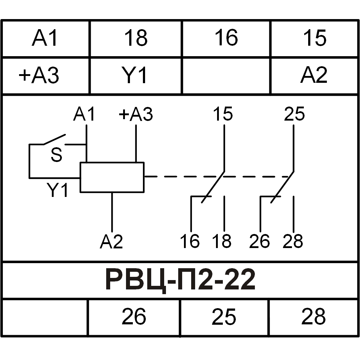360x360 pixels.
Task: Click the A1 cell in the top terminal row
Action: pos(45,38)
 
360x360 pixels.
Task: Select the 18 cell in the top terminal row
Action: pos(136,38)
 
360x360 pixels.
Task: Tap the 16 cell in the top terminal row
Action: pos(226,38)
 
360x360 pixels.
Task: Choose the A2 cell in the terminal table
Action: pos(314,76)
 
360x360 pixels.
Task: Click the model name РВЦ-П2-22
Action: pos(180,280)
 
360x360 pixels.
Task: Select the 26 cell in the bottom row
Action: pos(134,317)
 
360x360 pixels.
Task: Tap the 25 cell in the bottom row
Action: pos(224,317)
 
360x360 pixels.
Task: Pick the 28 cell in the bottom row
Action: pos(313,317)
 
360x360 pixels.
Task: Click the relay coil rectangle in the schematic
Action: pos(112,177)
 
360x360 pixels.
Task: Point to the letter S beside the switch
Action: pos(57,156)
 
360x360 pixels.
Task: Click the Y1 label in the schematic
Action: pos(58,190)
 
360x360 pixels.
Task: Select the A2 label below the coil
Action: pos(112,242)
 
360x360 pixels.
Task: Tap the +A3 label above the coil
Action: pos(136,114)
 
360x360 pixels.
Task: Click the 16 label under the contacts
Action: pos(190,241)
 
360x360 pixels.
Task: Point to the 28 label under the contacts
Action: pos(293,241)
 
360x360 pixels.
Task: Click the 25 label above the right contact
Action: pos(294,114)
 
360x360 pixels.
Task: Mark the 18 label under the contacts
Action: pos(222,241)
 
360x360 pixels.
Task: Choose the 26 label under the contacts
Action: pos(259,241)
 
